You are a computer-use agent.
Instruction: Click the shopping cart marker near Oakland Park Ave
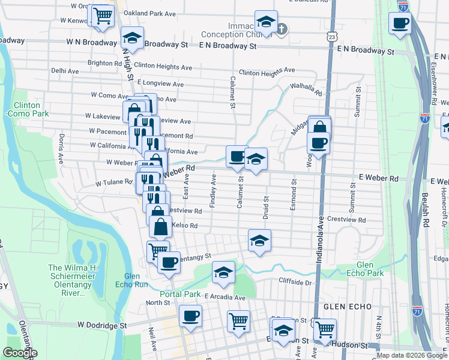tap(103, 16)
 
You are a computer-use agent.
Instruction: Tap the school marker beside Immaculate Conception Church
tap(266, 23)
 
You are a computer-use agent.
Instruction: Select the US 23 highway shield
tap(333, 37)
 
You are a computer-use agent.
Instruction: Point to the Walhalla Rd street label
tap(306, 90)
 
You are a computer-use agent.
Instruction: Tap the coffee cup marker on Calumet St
tap(237, 157)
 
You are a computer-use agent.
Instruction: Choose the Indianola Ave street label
tap(319, 235)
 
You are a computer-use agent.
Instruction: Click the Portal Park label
tap(180, 294)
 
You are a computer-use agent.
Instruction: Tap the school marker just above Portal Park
tap(223, 273)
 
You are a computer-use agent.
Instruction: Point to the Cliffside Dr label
tap(297, 281)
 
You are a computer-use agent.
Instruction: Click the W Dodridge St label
tap(102, 324)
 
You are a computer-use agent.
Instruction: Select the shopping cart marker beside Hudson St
tap(325, 329)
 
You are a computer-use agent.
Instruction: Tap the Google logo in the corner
tap(19, 353)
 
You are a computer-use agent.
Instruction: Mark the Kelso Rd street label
tap(185, 226)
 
